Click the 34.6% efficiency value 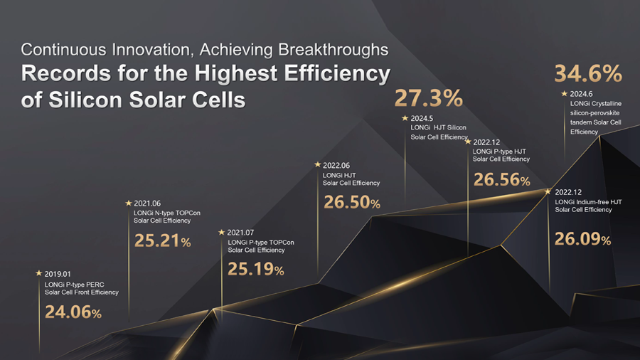[588, 73]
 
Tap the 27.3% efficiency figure [429, 98]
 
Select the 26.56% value [501, 180]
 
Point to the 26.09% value [582, 239]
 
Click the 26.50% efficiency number [352, 203]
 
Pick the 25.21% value [162, 241]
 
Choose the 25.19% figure [255, 270]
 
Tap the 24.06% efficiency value [73, 312]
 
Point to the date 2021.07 [242, 233]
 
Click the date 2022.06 [337, 164]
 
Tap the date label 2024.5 [422, 117]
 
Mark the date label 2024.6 [582, 94]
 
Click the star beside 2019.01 [38, 272]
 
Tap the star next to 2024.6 [564, 93]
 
